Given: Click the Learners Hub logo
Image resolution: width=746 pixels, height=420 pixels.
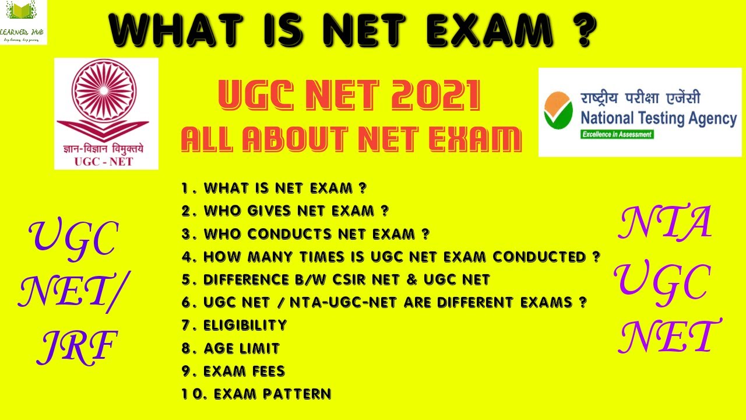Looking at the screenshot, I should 23,22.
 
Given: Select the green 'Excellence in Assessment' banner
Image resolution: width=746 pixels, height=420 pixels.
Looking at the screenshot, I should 616,134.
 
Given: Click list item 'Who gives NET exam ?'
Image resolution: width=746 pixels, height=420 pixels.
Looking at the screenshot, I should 285,211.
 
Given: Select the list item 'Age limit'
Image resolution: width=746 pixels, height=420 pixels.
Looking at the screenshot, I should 231,348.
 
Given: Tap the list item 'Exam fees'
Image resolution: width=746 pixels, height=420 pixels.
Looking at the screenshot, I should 233,371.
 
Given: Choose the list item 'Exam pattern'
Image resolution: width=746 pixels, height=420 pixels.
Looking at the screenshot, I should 256,394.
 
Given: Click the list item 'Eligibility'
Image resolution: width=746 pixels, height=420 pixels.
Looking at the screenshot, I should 234,325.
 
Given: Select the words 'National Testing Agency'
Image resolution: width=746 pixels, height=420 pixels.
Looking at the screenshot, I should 659,118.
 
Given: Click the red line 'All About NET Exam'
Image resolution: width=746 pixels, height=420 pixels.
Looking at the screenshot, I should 351,140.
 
